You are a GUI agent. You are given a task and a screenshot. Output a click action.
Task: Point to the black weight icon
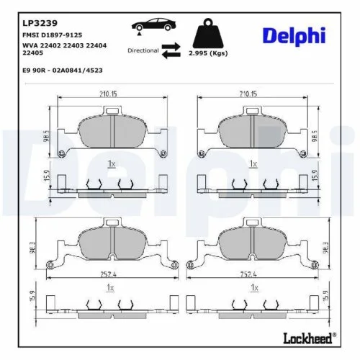pyautogui.click(x=207, y=34)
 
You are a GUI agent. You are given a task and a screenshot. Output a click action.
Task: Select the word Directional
pyautogui.click(x=143, y=50)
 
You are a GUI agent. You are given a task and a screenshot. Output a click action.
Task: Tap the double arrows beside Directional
pyautogui.click(x=171, y=50)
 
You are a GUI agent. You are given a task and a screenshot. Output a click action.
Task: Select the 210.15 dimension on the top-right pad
pyautogui.click(x=249, y=92)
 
